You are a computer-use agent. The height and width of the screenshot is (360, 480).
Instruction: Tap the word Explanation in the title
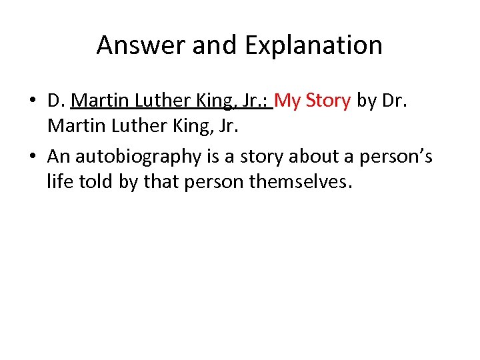[x=313, y=45]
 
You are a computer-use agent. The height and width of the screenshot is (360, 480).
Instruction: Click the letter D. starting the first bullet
[x=56, y=101]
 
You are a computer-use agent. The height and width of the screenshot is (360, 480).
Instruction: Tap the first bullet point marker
[x=33, y=101]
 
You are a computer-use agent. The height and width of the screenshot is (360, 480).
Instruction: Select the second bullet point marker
[x=33, y=157]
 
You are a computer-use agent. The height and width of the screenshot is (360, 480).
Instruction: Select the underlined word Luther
[x=163, y=101]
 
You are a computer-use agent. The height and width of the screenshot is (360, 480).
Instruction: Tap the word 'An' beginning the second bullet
[x=59, y=157]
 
